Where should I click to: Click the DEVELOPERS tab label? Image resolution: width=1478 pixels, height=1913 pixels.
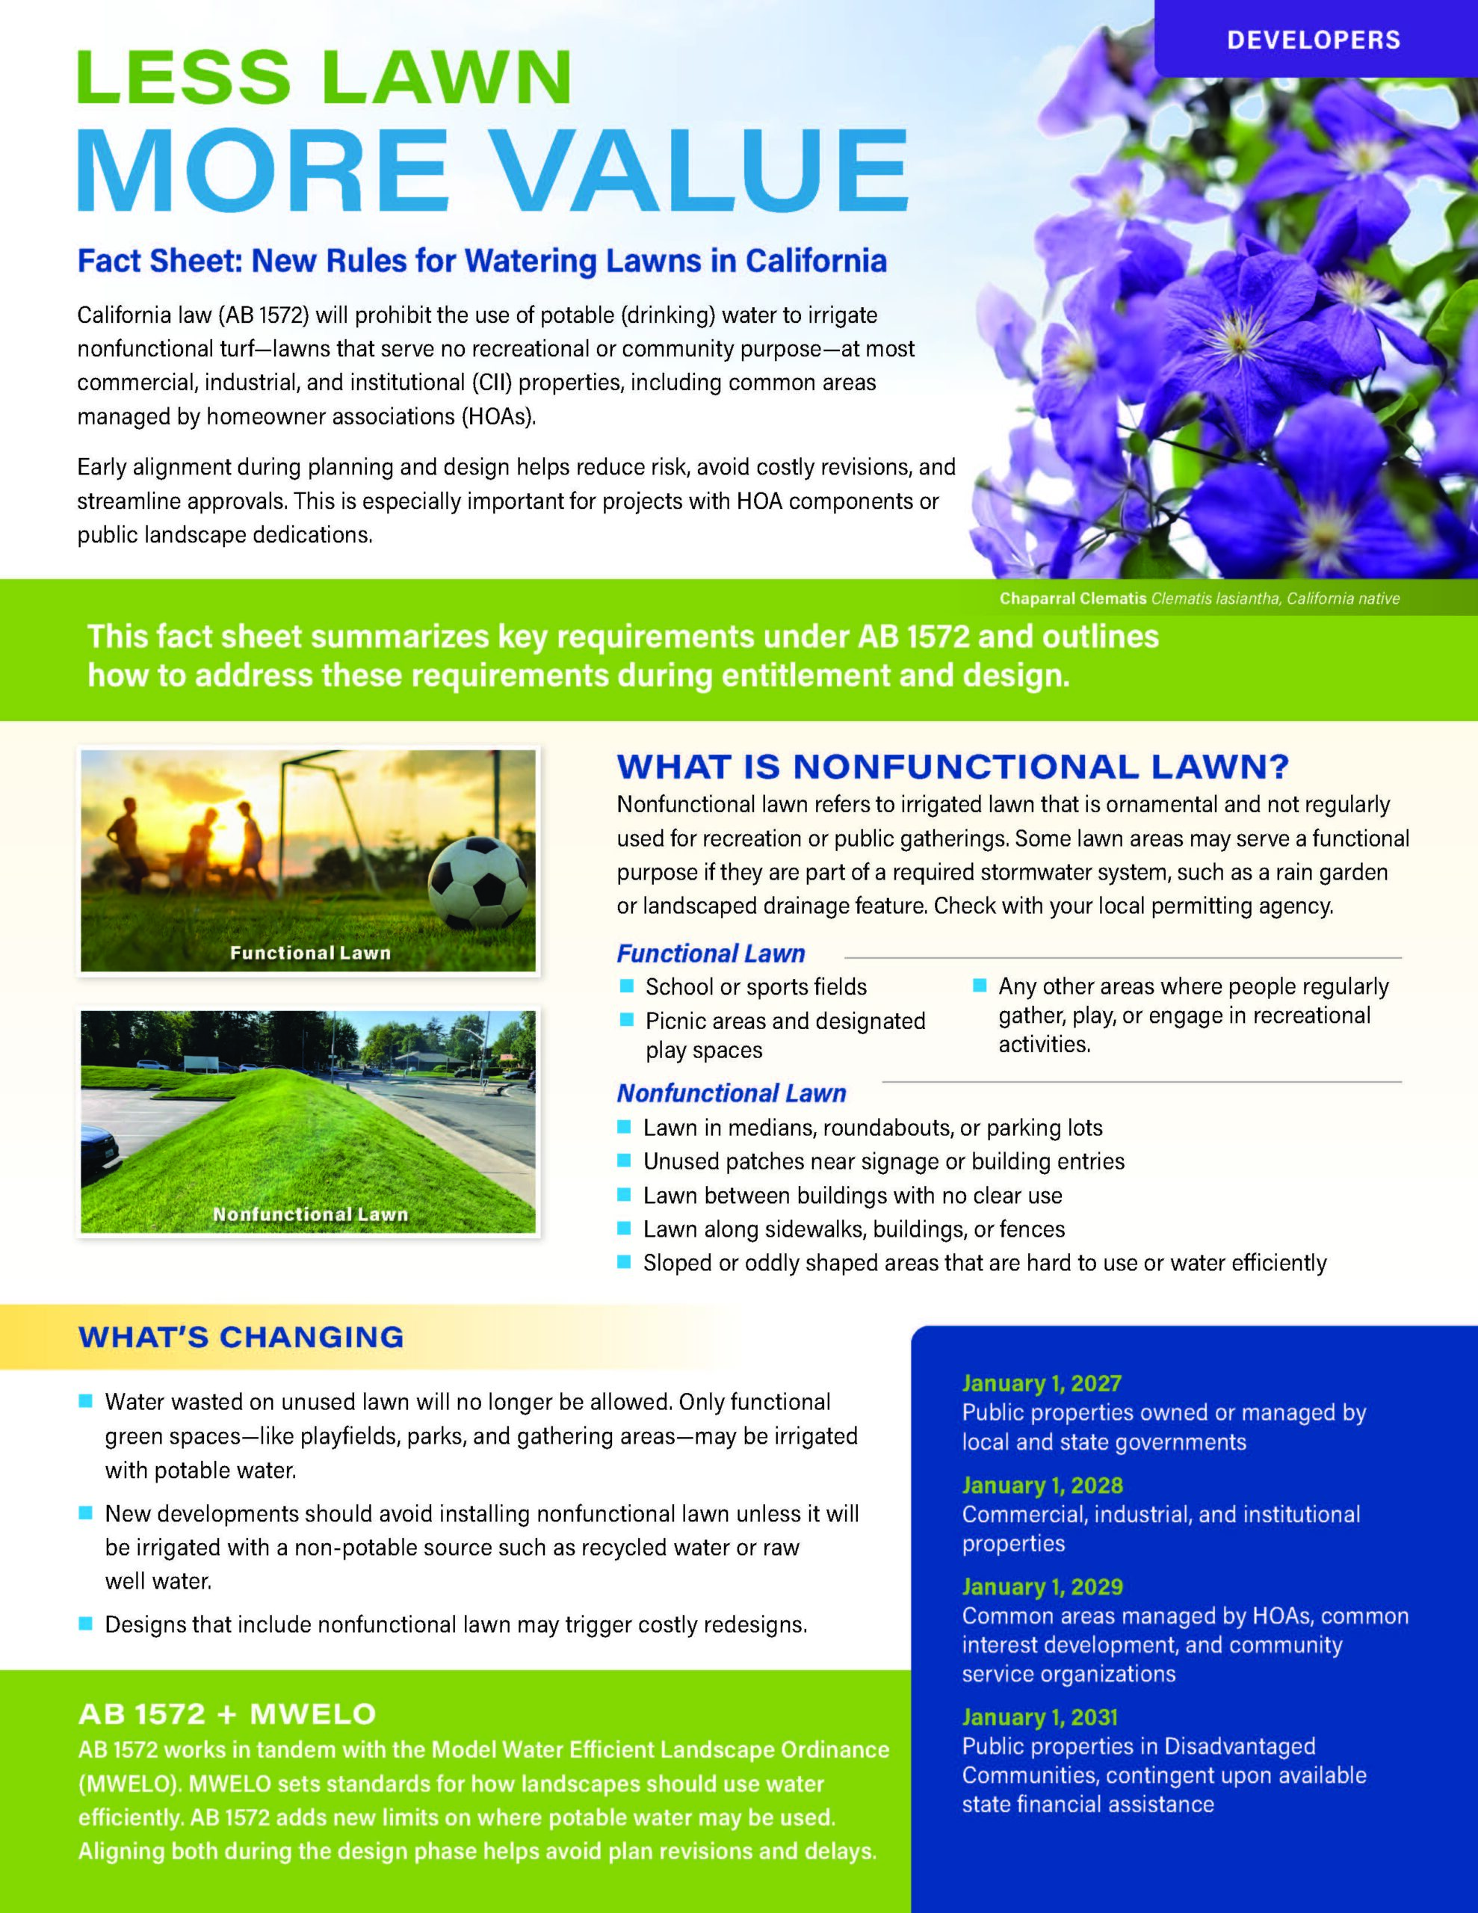pyautogui.click(x=1314, y=40)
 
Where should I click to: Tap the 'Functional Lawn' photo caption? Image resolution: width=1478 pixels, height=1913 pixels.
pyautogui.click(x=310, y=953)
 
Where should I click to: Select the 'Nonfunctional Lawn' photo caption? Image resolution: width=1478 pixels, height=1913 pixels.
pyautogui.click(x=310, y=1214)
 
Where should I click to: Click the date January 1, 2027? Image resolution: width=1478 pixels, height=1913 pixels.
pyautogui.click(x=1041, y=1383)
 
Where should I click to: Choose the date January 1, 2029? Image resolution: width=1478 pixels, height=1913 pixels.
pyautogui.click(x=1042, y=1586)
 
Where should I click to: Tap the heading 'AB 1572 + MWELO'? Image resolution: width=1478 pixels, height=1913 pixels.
pyautogui.click(x=227, y=1713)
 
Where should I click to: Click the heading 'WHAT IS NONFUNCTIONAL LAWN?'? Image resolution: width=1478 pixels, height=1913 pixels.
pyautogui.click(x=953, y=767)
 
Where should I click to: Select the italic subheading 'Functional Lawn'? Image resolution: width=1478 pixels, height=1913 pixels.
pyautogui.click(x=711, y=953)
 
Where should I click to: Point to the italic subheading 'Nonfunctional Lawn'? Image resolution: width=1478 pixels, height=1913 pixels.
pyautogui.click(x=732, y=1093)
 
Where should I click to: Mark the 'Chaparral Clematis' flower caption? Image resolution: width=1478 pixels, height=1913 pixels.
pyautogui.click(x=1072, y=599)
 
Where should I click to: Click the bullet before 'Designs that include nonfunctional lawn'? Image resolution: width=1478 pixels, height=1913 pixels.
pyautogui.click(x=85, y=1624)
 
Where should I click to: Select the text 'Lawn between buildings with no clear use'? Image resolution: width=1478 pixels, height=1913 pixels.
pyautogui.click(x=853, y=1196)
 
